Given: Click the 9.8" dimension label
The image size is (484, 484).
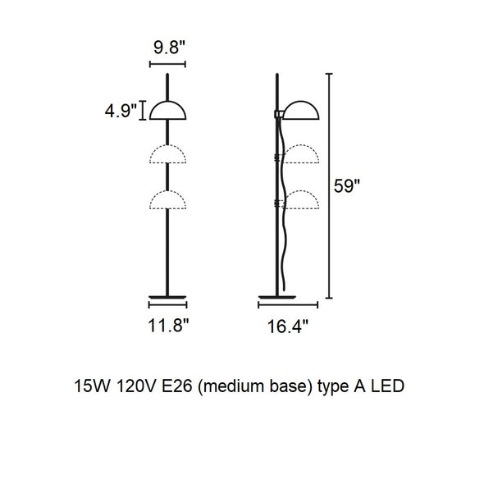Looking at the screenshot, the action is [169, 48].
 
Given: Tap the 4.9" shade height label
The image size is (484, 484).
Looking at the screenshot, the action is [121, 111].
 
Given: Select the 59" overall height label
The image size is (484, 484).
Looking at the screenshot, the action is [347, 186].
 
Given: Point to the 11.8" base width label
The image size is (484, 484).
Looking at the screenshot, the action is [168, 325].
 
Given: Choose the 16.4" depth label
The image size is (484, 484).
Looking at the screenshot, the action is [288, 326].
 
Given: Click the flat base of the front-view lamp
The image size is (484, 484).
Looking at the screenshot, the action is [167, 297].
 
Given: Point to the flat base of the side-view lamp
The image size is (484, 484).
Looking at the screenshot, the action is [277, 297].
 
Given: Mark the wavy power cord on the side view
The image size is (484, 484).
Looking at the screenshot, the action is [283, 203].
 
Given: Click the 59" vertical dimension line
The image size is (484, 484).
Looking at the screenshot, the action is [329, 186].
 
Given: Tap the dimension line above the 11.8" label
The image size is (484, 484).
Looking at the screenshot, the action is [167, 305].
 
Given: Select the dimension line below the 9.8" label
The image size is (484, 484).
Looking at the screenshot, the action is [167, 64].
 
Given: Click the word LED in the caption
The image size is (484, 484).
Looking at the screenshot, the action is [387, 386].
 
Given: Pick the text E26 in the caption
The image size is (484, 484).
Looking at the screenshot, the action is [177, 386].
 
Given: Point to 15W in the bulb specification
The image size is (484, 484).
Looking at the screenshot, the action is [92, 386].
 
